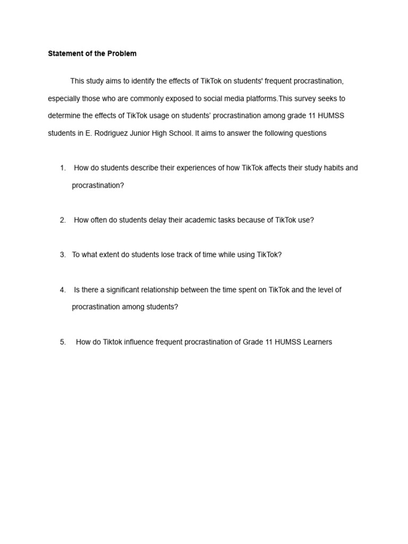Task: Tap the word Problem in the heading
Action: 122,54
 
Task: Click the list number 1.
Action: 63,168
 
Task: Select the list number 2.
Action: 63,220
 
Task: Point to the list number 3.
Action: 63,255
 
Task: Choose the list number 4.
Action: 63,290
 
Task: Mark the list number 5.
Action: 63,342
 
